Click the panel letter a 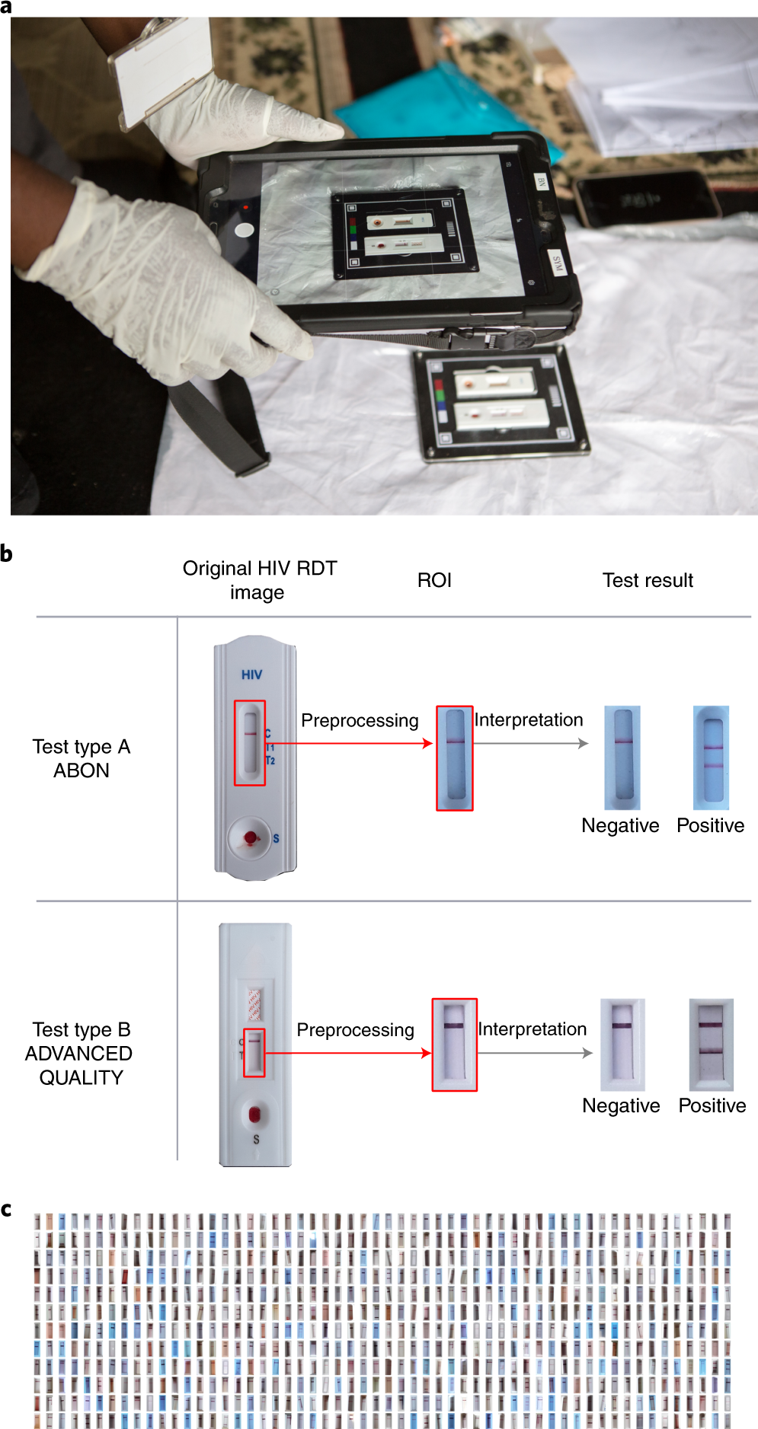pos(6,7)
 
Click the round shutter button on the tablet pos(245,230)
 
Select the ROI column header pos(434,580)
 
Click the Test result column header pos(648,580)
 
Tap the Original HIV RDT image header pos(259,580)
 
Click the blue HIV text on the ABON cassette pos(251,675)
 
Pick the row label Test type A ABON pos(82,758)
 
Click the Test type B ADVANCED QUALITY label pos(79,1053)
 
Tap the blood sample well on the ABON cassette pos(251,838)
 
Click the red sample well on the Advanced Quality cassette pos(255,1115)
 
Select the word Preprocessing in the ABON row pos(360,720)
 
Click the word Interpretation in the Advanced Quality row pos(532,1029)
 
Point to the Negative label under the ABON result pos(620,825)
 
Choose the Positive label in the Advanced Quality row pos(712,1105)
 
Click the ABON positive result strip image pos(711,758)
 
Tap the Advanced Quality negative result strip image pos(622,1045)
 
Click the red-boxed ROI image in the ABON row pos(454,758)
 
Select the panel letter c pos(6,1209)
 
